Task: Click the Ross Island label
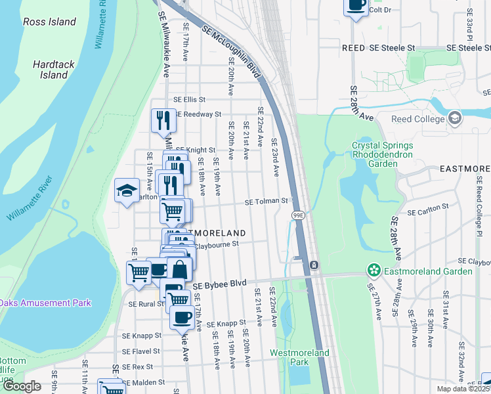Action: [50, 22]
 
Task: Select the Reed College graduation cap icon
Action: [454, 118]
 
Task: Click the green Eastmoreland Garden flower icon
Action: [374, 271]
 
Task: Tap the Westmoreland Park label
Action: [299, 357]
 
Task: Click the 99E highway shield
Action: [298, 215]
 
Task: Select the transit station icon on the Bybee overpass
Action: [314, 265]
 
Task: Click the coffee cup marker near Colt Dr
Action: [356, 5]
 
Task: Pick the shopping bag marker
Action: [180, 269]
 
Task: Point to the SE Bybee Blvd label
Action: [219, 284]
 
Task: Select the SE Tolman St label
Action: [267, 201]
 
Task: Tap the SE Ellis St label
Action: [189, 100]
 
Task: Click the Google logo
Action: [22, 386]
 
